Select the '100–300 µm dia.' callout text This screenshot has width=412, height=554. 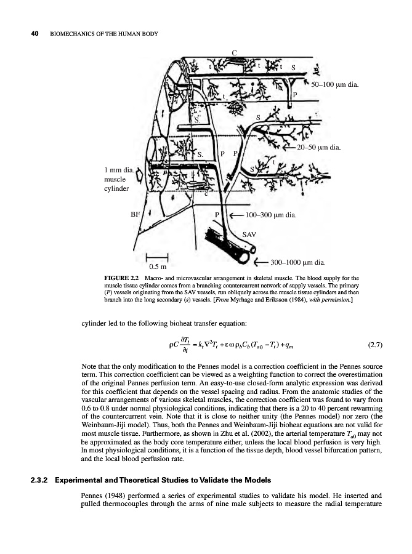pyautogui.click(x=271, y=215)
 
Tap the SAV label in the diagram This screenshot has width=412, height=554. pyautogui.click(x=249, y=234)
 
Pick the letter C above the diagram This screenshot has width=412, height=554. pyautogui.click(x=235, y=52)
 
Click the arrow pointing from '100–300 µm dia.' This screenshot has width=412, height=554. pyautogui.click(x=233, y=215)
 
